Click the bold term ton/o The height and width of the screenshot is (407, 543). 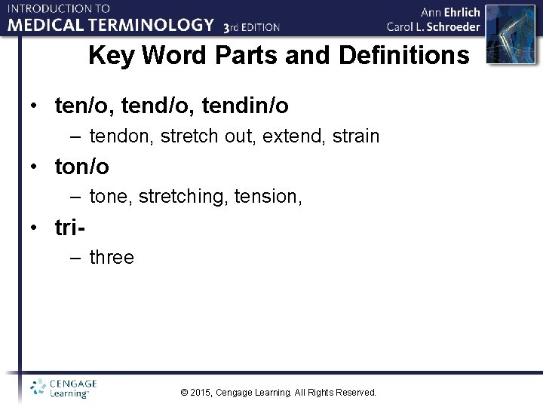pos(82,166)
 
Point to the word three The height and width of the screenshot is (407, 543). pos(112,258)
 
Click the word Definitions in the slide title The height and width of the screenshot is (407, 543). pos(404,55)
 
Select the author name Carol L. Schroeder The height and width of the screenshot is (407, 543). pos(434,27)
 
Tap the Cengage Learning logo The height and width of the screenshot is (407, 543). pos(64,387)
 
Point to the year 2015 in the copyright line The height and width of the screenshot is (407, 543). pos(201,393)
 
